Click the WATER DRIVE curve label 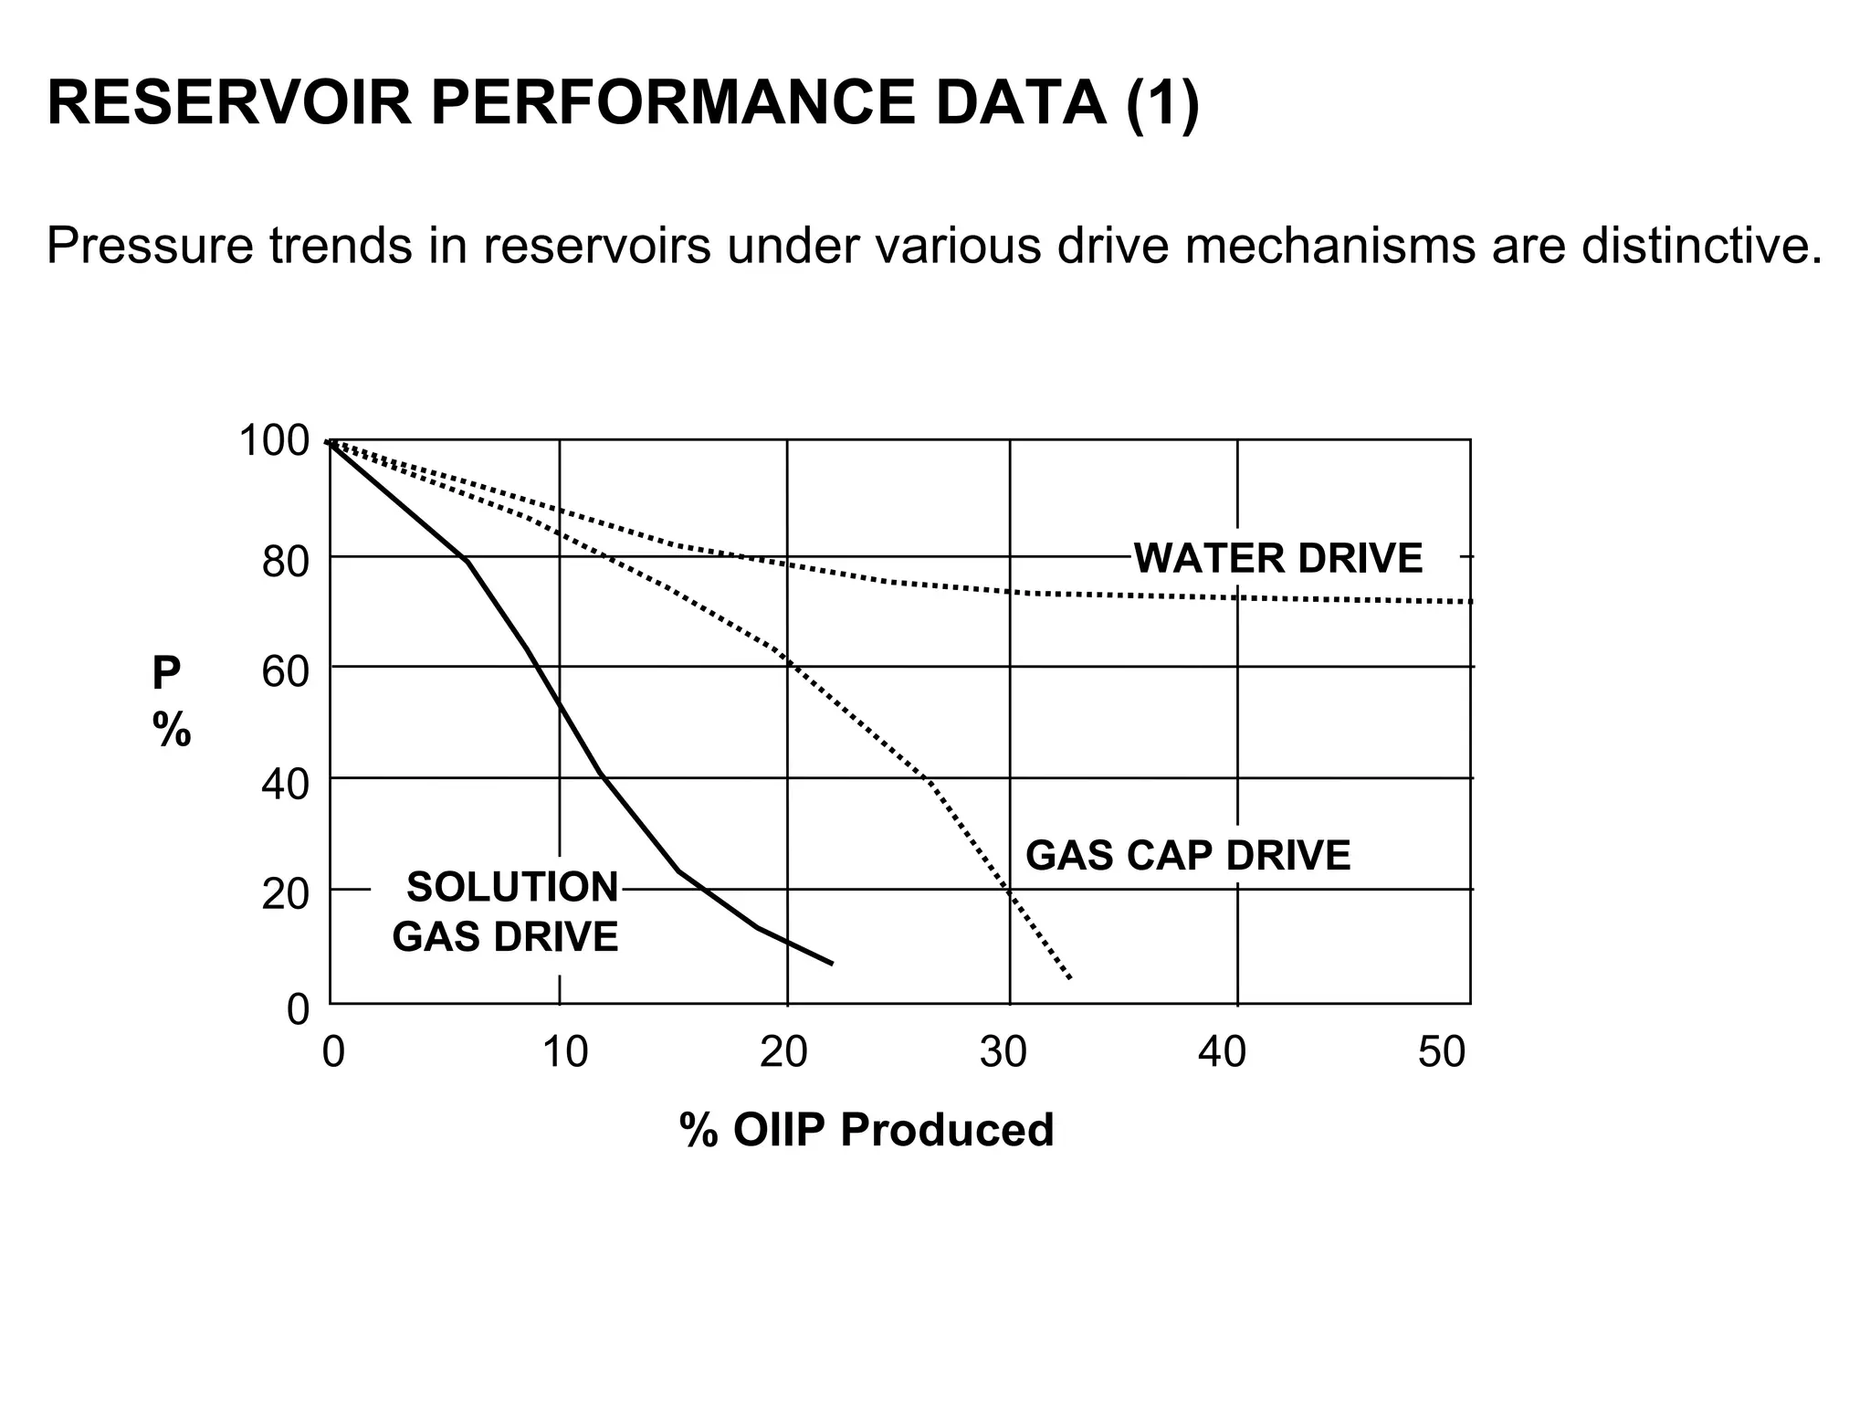coord(1277,558)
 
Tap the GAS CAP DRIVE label coord(1187,856)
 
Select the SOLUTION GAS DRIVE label coord(506,912)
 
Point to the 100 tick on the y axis coord(274,441)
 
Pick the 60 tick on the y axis coord(286,673)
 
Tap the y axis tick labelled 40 coord(286,785)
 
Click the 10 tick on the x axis coord(564,1052)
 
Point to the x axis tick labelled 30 coord(1003,1052)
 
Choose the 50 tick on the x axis coord(1442,1052)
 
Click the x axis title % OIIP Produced coord(867,1130)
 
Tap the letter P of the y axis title coord(166,675)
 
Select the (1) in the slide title coord(1161,103)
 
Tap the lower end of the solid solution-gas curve coord(832,964)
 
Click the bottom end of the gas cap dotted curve coord(1069,978)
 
